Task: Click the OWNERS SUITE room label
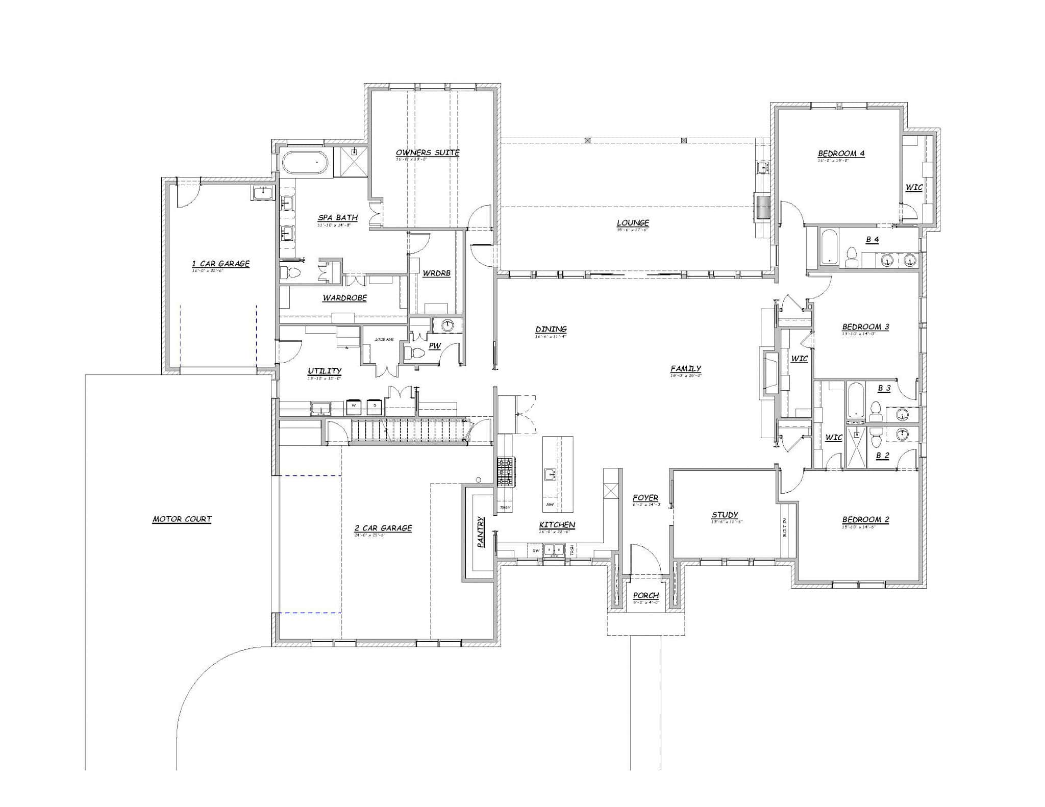tap(428, 153)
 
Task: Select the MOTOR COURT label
tap(182, 519)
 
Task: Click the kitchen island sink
tap(550, 474)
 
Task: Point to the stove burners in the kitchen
tap(505, 472)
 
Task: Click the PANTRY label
tap(481, 532)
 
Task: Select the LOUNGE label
tap(633, 223)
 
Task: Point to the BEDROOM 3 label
tap(865, 327)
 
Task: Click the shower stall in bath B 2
tap(856, 447)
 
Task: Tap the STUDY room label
tap(725, 515)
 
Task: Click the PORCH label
tap(646, 595)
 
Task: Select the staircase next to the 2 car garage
tap(408, 430)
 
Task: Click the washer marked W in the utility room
tap(354, 407)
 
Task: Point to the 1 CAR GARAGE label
tap(220, 264)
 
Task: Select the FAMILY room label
tap(685, 368)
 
